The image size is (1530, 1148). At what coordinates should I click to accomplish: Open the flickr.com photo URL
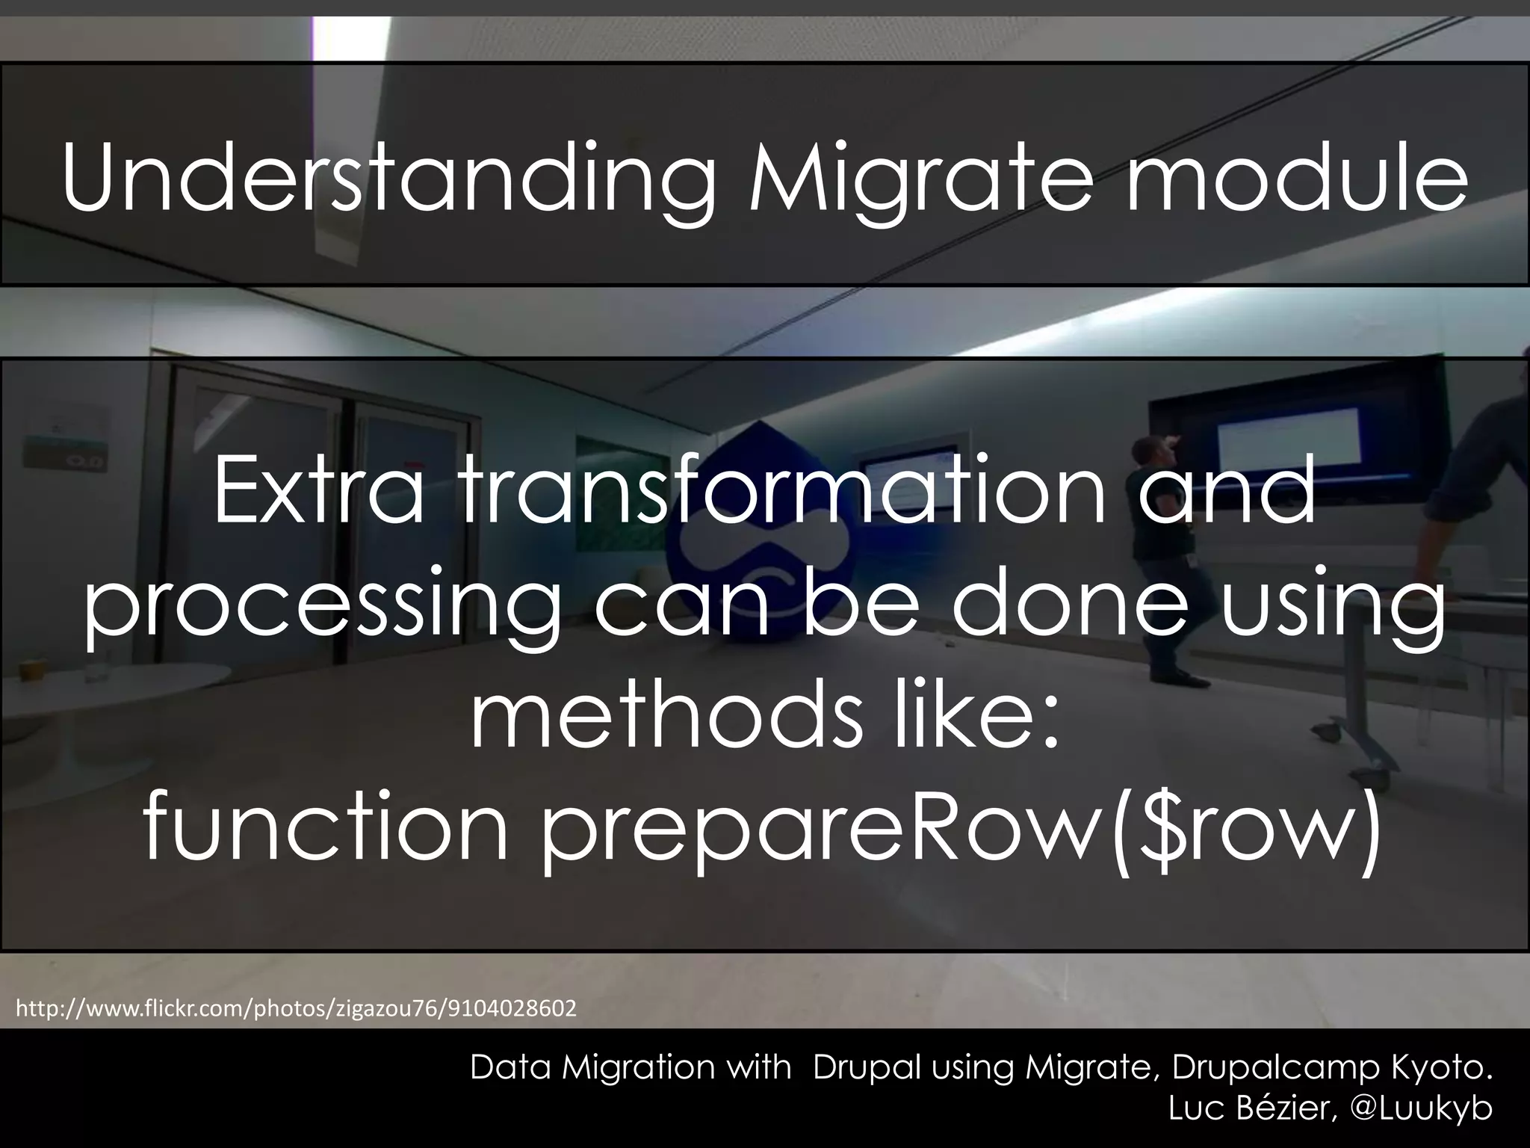(x=296, y=1009)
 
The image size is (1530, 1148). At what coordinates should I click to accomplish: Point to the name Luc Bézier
(x=1251, y=1108)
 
